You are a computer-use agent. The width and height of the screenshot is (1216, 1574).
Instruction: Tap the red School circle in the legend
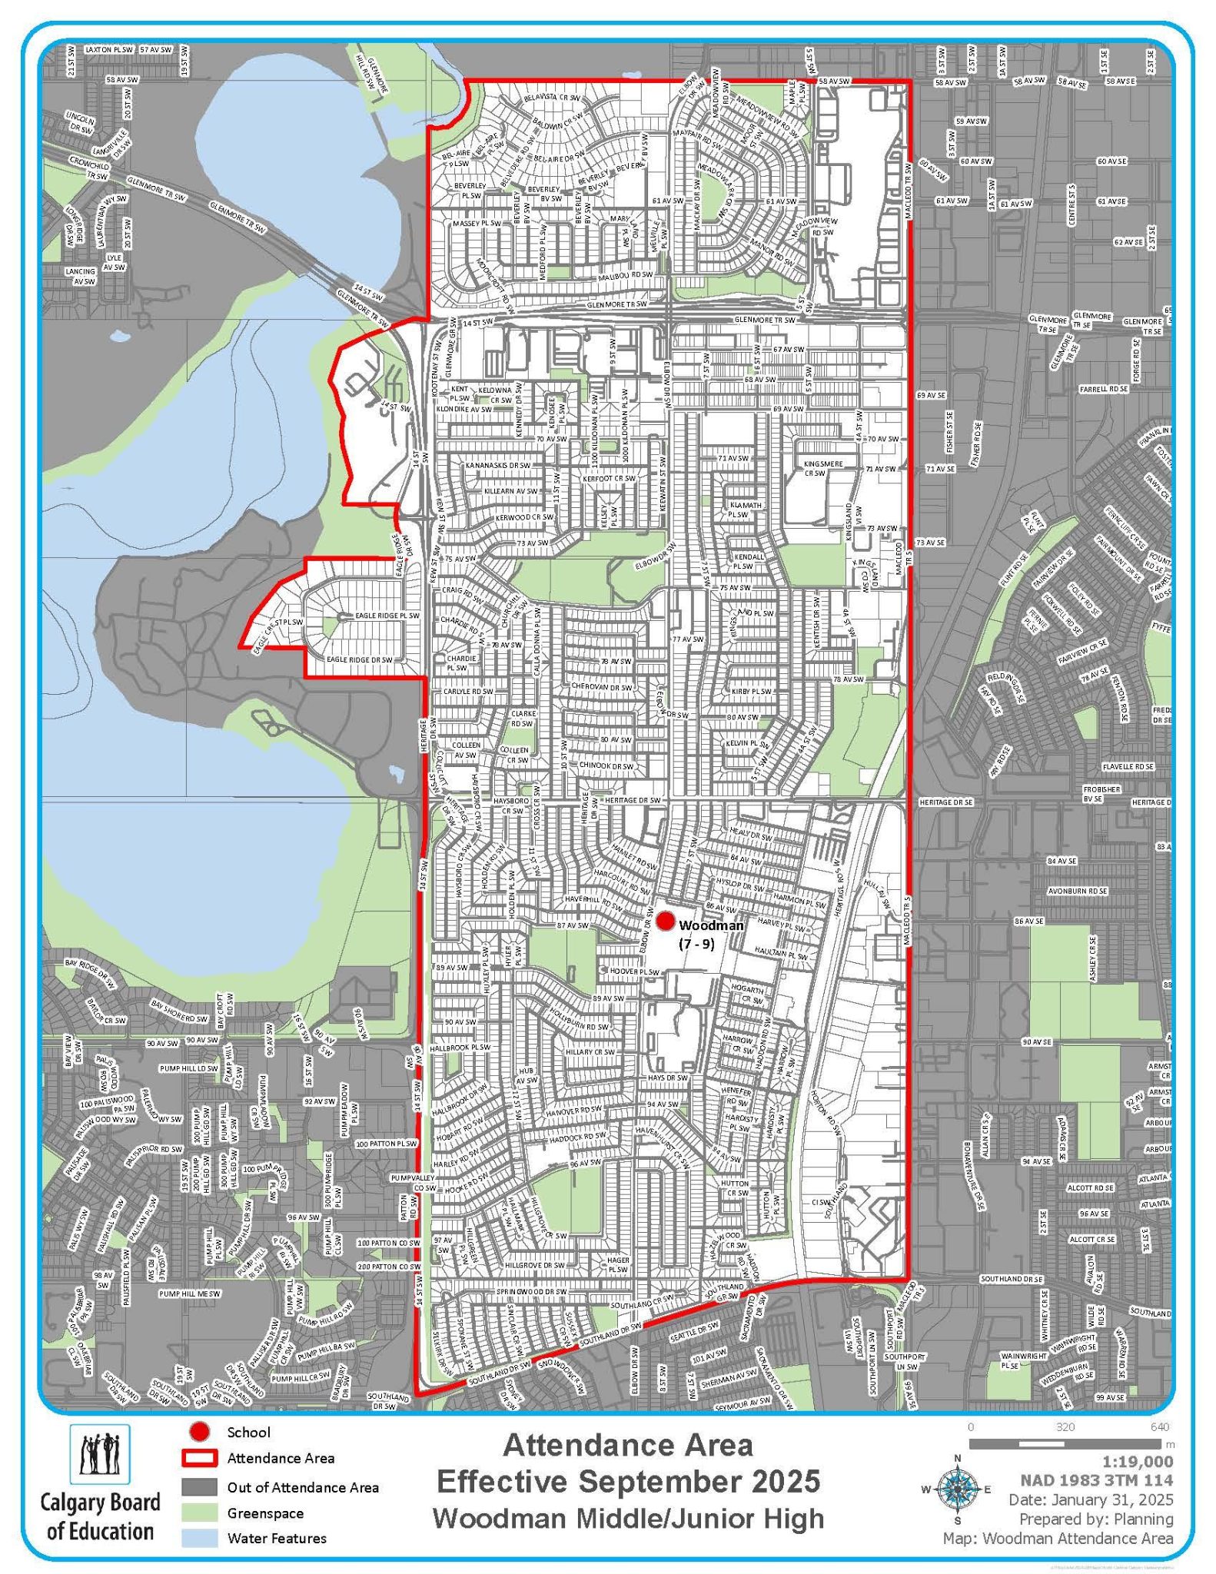click(x=201, y=1432)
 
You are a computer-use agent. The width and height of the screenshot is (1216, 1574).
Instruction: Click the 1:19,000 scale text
click(x=1135, y=1461)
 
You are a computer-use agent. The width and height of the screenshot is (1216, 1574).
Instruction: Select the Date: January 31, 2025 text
click(x=1091, y=1499)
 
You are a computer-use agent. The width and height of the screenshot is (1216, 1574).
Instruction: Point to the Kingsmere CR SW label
click(x=822, y=469)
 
